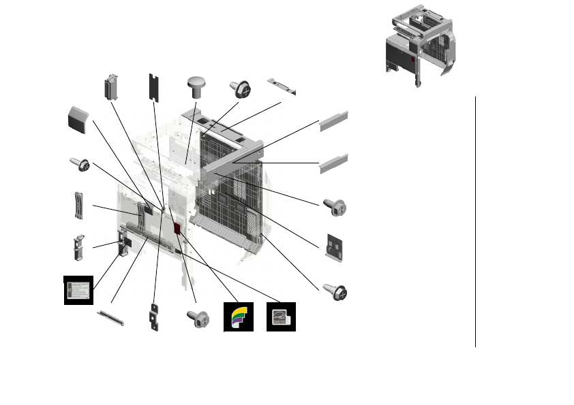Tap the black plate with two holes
tap(154, 87)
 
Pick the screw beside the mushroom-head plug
tap(242, 88)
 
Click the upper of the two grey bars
tap(334, 120)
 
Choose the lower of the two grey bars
tap(334, 163)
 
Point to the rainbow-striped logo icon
tap(239, 317)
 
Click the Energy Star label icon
tap(281, 317)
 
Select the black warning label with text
tap(78, 290)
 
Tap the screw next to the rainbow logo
tap(197, 317)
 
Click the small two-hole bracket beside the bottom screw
tap(154, 318)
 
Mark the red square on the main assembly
tap(177, 229)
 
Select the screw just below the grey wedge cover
tap(80, 164)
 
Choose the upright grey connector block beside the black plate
tap(109, 86)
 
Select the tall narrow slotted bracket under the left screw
tap(79, 206)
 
